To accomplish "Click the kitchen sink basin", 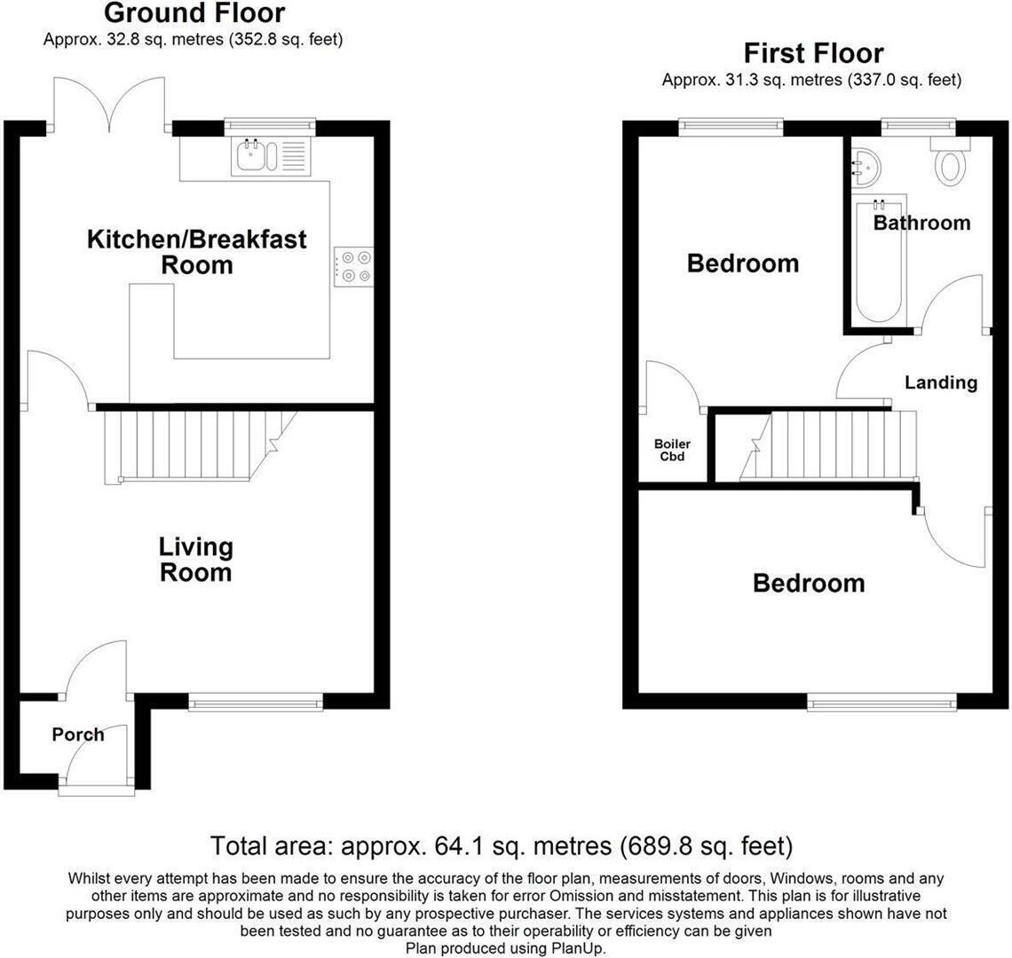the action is pos(250,156).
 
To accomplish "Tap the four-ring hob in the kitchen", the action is pos(353,267).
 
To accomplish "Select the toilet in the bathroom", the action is pos(950,161).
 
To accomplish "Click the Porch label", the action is pos(78,734).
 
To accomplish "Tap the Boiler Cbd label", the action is pos(673,451).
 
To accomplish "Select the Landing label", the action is pos(941,382).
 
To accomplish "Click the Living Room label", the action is pos(196,560).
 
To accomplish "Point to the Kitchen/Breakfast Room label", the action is pos(197,252).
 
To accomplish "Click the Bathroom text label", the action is pos(921,224).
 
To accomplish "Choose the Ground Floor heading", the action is pos(194,13).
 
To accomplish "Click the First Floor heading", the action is pos(813,53).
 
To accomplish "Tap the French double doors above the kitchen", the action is pos(109,103).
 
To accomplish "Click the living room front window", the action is pos(256,702).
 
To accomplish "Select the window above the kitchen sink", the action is pos(270,127).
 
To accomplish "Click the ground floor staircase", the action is pos(200,446).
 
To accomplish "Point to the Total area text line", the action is pos(502,845).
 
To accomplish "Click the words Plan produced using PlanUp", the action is pos(505,948).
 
